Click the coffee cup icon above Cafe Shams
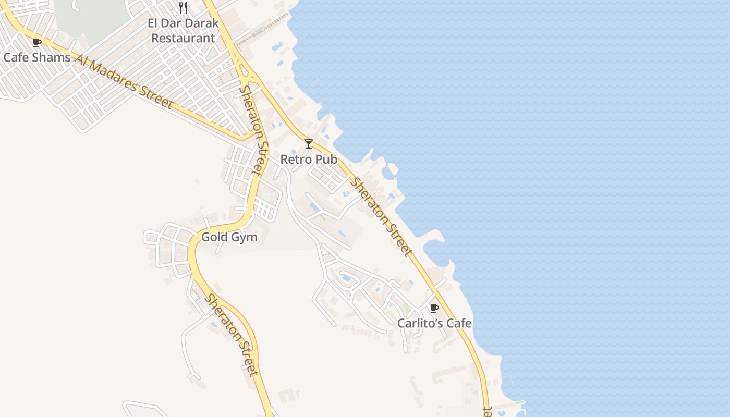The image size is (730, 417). click(36, 42)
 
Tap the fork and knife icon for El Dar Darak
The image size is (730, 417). click(183, 8)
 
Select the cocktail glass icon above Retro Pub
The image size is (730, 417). click(309, 143)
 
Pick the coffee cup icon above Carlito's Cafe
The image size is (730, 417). click(434, 308)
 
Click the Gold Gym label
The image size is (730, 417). click(229, 237)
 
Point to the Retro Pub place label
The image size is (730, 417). click(309, 159)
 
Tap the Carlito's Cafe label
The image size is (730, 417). click(434, 323)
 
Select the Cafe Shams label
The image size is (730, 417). click(36, 57)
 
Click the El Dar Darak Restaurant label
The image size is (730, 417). click(182, 31)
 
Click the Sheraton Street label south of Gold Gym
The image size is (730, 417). click(231, 335)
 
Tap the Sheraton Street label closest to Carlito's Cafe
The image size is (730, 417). click(380, 217)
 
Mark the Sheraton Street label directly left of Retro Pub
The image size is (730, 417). click(253, 130)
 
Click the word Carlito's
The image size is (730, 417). click(415, 323)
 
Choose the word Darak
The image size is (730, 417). click(200, 23)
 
